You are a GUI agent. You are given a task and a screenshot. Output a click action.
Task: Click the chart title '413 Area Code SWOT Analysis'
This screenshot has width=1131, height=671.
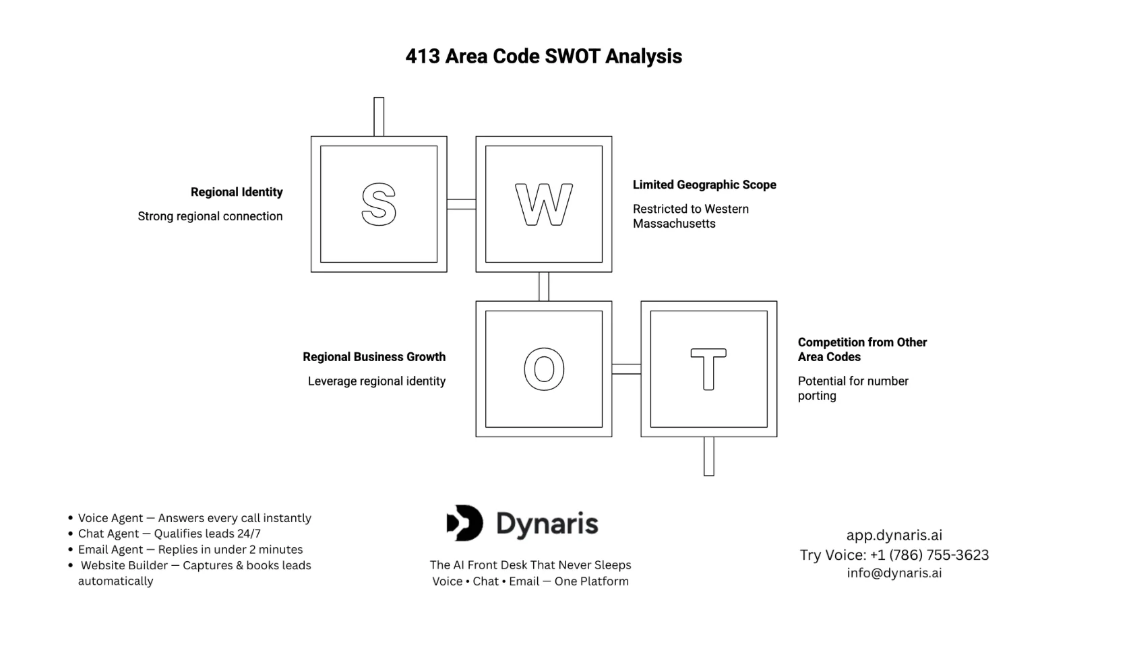coord(543,56)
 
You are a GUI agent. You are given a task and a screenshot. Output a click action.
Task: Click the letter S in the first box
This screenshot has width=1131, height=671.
coord(378,204)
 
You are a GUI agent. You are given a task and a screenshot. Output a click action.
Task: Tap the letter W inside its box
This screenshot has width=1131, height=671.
coord(543,204)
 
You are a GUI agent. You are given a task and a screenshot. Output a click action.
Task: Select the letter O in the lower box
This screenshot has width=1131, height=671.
coord(543,369)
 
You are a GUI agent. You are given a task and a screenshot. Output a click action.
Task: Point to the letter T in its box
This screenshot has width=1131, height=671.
coord(708,369)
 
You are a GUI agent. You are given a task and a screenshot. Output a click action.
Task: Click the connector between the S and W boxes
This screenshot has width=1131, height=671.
coord(461,204)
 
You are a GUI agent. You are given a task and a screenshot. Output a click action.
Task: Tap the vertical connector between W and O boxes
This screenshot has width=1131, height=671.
coord(543,286)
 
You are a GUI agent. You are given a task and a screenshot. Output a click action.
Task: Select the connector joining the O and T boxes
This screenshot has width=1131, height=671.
coord(626,369)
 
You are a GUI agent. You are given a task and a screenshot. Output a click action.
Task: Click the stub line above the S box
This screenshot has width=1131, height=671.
coord(378,117)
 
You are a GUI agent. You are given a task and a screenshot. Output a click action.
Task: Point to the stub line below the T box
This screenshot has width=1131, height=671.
coord(708,456)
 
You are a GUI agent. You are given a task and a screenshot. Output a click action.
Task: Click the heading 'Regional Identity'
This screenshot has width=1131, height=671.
coord(237,192)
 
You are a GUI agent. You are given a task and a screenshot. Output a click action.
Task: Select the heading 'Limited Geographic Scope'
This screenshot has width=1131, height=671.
coord(704,185)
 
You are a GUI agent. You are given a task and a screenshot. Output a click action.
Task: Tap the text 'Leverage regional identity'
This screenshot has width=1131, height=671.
coord(376,381)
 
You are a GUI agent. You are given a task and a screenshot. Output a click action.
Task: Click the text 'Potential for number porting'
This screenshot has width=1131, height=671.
coord(853,388)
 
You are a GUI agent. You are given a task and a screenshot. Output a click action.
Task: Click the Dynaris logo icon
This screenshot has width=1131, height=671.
coord(465,523)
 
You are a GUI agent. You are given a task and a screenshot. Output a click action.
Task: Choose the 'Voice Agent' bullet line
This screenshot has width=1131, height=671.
coord(194,518)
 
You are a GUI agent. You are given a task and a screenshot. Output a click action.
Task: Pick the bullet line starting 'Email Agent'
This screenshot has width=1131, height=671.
coord(190,550)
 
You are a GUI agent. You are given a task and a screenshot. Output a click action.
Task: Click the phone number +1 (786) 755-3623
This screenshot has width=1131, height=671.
coord(929,555)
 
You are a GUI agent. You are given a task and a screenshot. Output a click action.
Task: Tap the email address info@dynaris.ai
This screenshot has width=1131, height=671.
coord(894,573)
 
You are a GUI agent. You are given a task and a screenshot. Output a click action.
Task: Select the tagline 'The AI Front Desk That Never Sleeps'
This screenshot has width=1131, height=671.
coord(530,565)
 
